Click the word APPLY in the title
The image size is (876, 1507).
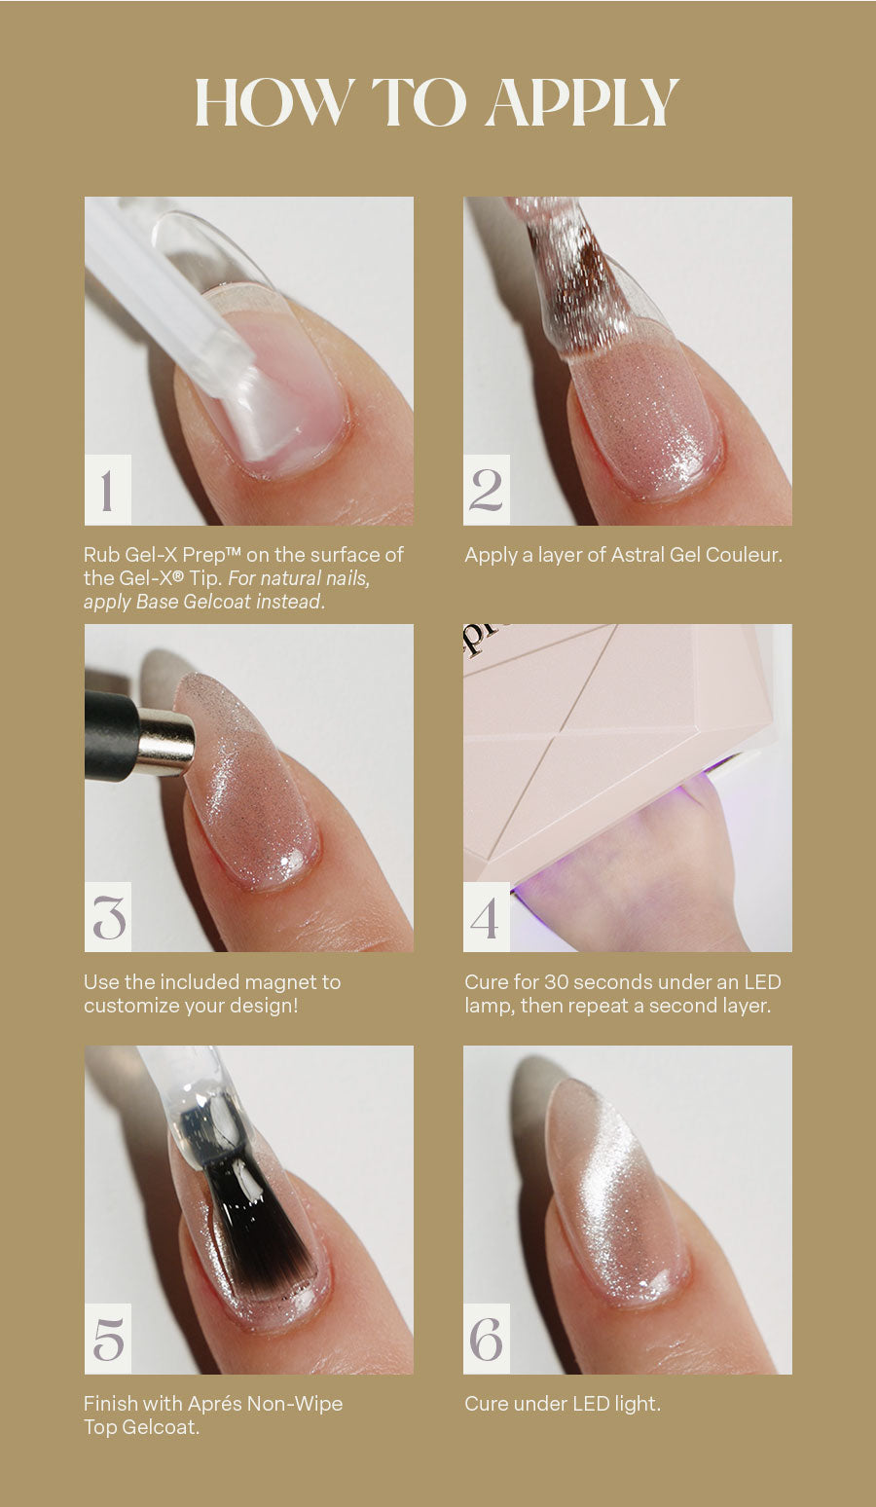(x=583, y=102)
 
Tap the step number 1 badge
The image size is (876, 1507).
(x=108, y=490)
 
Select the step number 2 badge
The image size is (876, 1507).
(x=487, y=490)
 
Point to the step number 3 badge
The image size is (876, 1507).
(x=108, y=917)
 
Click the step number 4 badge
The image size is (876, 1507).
(x=487, y=917)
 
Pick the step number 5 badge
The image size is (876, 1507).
(x=108, y=1339)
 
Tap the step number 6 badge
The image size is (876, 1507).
(x=487, y=1339)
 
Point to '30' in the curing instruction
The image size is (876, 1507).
(x=557, y=982)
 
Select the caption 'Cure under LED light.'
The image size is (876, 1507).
(x=563, y=1404)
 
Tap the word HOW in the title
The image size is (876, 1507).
(x=274, y=102)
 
